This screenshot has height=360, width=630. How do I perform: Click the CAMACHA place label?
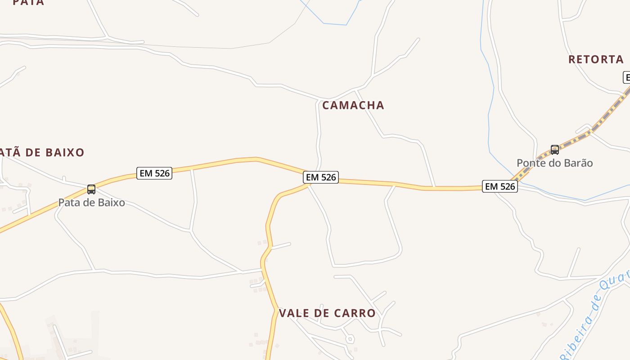tap(353, 105)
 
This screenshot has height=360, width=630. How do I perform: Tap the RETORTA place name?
tap(596, 59)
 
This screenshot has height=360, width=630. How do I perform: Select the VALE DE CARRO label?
tap(327, 313)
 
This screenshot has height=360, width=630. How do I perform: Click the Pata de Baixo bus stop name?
tap(92, 202)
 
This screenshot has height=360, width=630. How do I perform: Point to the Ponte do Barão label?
tap(554, 163)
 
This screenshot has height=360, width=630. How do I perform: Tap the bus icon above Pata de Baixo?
tap(91, 189)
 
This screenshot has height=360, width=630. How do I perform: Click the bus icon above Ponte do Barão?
tap(555, 150)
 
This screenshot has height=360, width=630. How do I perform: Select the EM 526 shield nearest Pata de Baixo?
tap(154, 173)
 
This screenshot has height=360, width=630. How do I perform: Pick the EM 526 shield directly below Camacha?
tap(321, 177)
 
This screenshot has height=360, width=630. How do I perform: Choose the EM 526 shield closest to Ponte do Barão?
tap(499, 186)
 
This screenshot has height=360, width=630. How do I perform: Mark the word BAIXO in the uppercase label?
tap(66, 153)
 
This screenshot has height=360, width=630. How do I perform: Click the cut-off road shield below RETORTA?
tap(626, 77)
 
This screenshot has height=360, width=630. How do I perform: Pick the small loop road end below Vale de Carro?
tap(349, 339)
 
